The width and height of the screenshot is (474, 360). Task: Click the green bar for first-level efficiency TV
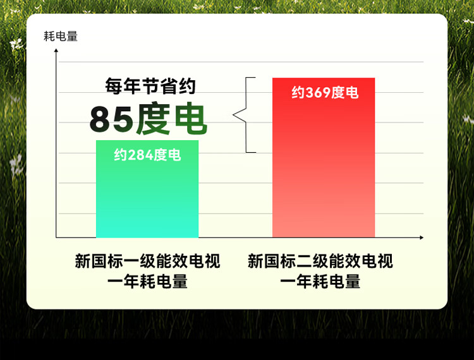147,189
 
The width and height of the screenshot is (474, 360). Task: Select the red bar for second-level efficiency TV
324,158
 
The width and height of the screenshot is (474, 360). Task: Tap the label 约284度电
147,155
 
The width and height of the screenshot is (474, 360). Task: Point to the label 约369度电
325,92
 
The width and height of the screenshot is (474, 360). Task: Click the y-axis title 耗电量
61,36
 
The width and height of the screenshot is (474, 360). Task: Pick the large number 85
111,119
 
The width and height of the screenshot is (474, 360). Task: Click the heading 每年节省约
150,87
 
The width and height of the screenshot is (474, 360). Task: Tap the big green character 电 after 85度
191,118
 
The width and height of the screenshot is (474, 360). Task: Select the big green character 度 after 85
153,118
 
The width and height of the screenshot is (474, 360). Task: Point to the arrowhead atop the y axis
56,51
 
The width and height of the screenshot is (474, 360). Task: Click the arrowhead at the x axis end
422,237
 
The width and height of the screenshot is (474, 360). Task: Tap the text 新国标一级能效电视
147,261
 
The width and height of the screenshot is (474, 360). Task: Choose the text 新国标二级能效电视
320,261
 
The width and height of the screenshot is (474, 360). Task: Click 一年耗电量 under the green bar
147,282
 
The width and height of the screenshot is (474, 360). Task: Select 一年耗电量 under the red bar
320,282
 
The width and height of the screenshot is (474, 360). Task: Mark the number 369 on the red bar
319,92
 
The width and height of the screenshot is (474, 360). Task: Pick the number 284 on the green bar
141,155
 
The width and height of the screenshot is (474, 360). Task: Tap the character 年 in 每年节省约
132,87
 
